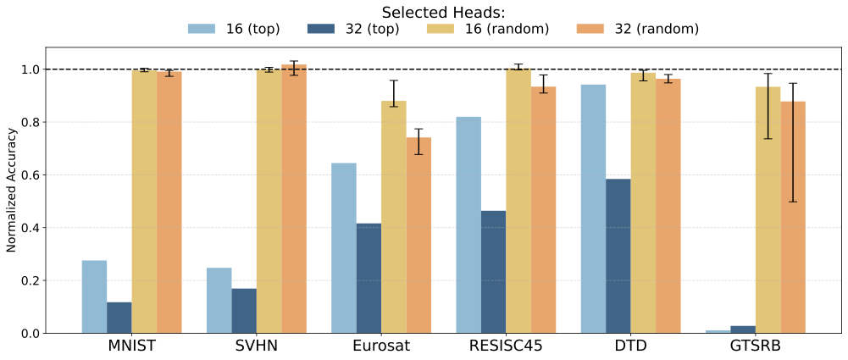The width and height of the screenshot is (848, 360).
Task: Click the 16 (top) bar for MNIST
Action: click(94, 296)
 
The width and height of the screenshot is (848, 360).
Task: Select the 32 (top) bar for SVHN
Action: click(244, 311)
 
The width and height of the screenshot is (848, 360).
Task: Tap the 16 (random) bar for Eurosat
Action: click(394, 217)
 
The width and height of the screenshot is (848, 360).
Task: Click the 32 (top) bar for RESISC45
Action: click(493, 272)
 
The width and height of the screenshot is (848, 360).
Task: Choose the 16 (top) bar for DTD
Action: click(593, 208)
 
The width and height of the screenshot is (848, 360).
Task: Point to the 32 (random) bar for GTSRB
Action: click(793, 217)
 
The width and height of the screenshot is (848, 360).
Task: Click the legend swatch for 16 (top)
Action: click(202, 30)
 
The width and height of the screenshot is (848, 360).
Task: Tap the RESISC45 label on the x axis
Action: click(506, 346)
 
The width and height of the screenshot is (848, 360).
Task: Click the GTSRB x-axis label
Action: click(756, 346)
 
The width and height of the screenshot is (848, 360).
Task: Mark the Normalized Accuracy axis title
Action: click(12, 190)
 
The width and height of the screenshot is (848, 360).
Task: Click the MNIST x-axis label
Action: click(131, 346)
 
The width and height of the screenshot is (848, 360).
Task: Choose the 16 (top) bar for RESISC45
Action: click(468, 224)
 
